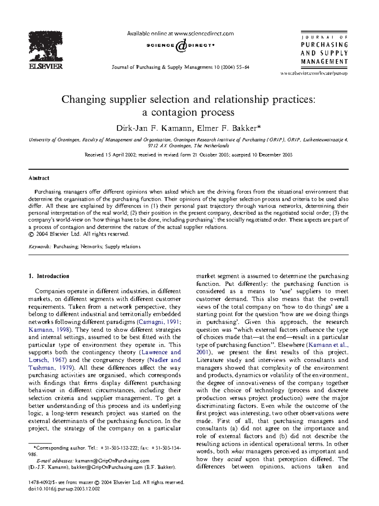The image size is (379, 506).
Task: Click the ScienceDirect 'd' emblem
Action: click(x=181, y=45)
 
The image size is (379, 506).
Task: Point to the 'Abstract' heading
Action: click(x=39, y=178)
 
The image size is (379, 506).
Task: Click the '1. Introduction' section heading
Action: click(x=49, y=276)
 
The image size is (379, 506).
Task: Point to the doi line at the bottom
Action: click(x=64, y=489)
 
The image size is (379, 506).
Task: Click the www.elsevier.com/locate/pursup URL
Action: click(x=314, y=73)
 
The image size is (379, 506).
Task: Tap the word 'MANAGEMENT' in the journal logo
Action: click(x=324, y=62)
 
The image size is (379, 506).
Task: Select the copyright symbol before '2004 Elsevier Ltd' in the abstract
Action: click(x=31, y=234)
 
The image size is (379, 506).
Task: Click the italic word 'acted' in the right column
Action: click(x=234, y=459)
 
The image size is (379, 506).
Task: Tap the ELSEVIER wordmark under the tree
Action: click(x=46, y=66)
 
